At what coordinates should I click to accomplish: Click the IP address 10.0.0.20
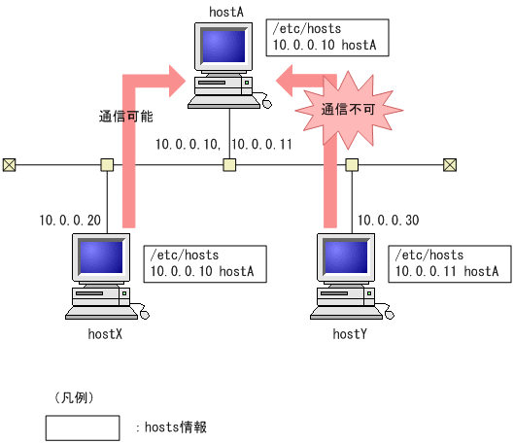pyautogui.click(x=70, y=221)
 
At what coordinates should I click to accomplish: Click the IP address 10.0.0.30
pyautogui.click(x=388, y=221)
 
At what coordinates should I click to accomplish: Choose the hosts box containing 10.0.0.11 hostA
pyautogui.click(x=448, y=263)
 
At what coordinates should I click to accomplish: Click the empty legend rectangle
pyautogui.click(x=83, y=427)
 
